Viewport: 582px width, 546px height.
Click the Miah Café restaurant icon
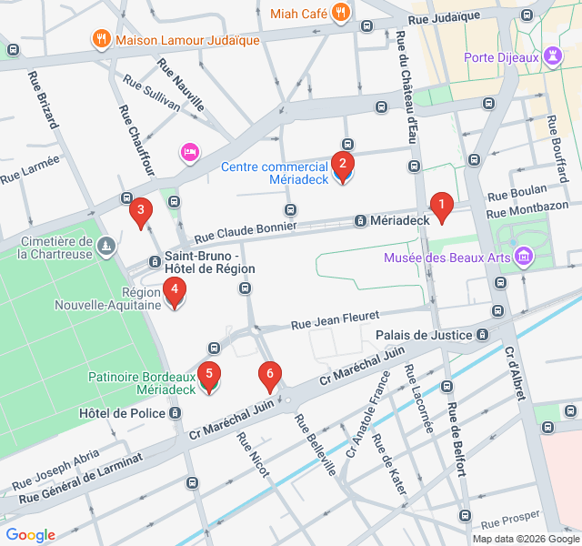click(341, 13)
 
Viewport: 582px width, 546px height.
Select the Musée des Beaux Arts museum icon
click(523, 258)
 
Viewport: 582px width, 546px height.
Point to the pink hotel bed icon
click(189, 151)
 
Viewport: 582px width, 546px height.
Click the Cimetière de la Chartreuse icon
click(107, 246)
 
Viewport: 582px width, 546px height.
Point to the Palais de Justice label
click(425, 335)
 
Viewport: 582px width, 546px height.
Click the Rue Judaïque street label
click(444, 17)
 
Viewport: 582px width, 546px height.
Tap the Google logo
click(30, 535)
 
